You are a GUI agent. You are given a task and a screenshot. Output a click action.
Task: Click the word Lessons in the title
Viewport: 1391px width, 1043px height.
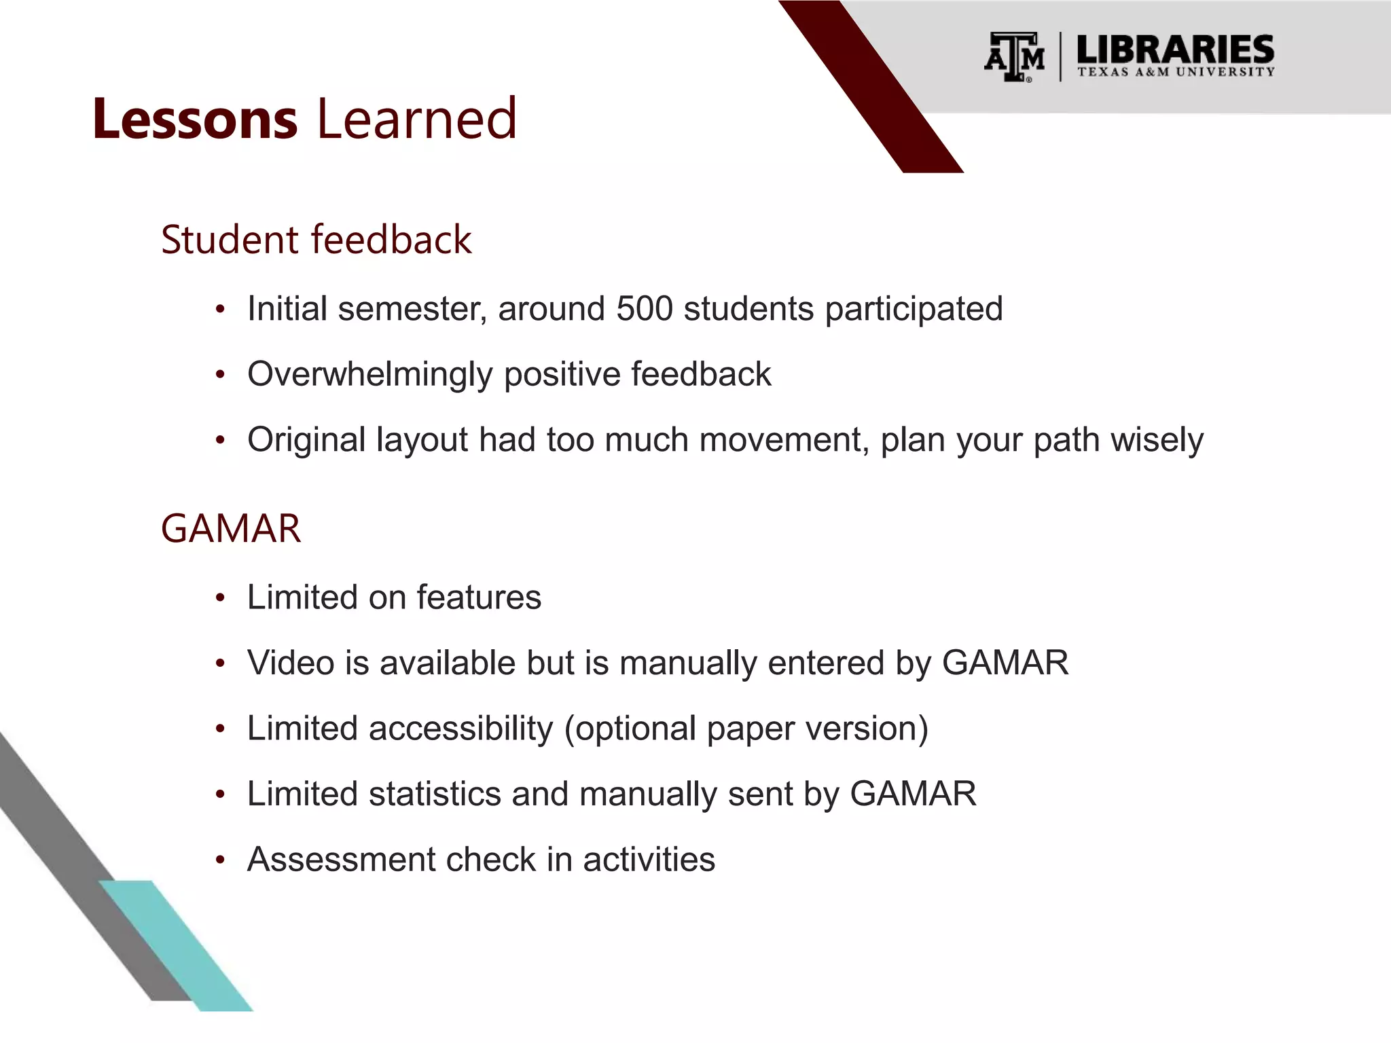coord(195,120)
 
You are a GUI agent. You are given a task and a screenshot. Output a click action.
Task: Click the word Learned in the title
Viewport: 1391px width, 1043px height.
coord(416,120)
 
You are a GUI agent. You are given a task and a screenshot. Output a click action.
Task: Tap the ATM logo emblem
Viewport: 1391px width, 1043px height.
coord(1014,57)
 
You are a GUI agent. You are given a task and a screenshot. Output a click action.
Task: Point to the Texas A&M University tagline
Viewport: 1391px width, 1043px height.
coord(1175,72)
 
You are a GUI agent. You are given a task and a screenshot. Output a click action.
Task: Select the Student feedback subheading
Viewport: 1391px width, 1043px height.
coord(316,240)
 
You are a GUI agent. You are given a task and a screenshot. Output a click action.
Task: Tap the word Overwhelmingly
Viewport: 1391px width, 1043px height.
coord(369,375)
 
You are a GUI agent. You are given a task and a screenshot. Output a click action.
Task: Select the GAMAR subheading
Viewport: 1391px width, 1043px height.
coord(230,529)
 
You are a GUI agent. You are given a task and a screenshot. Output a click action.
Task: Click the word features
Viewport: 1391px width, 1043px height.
coord(479,598)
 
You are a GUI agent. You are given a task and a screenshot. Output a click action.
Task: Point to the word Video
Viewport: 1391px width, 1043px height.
coord(291,663)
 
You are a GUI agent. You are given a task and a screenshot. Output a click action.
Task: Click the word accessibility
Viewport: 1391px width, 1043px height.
coord(461,729)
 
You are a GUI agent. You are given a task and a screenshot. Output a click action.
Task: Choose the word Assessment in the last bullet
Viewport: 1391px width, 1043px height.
coord(340,860)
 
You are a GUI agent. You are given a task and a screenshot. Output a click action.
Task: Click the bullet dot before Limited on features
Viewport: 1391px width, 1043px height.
coord(219,599)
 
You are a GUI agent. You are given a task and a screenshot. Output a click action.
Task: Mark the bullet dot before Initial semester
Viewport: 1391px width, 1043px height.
coord(219,310)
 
